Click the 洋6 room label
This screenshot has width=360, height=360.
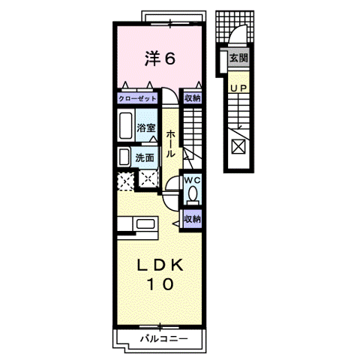160,58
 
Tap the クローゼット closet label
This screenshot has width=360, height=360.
137,98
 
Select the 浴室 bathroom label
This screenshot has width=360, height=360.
146,128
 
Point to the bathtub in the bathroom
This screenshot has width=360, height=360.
125,125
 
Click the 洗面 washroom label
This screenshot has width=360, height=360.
145,157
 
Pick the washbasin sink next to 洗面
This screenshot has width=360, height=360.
124,157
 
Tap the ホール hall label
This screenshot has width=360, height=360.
170,144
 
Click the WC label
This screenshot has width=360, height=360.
192,180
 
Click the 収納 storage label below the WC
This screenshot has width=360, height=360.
193,219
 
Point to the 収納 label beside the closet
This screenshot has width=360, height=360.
193,98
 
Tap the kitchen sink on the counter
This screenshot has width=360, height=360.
145,223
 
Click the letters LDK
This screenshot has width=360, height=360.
160,265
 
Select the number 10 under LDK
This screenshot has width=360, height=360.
160,284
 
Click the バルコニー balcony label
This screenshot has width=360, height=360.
163,339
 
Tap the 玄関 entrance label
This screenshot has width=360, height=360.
238,58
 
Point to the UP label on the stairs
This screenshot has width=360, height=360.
238,88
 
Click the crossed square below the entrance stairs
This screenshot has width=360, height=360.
238,146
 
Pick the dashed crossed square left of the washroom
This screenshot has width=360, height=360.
125,181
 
